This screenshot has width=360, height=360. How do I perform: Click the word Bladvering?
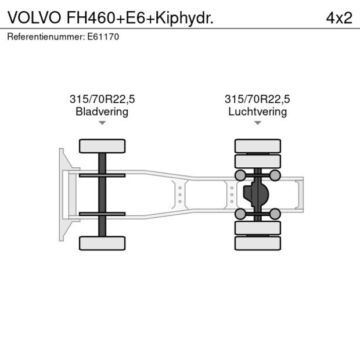pyautogui.click(x=102, y=111)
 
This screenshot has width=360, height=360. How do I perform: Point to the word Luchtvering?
pyautogui.click(x=257, y=111)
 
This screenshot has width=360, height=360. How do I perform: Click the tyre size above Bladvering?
pyautogui.click(x=102, y=99)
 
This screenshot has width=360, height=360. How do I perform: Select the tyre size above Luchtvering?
pyautogui.click(x=257, y=99)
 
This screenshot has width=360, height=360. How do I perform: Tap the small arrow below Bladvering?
pyautogui.click(x=102, y=123)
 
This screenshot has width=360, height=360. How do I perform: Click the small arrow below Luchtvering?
pyautogui.click(x=257, y=123)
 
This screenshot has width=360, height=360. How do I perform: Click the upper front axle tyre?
pyautogui.click(x=102, y=146)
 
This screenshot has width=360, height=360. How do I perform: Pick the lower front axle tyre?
pyautogui.click(x=102, y=243)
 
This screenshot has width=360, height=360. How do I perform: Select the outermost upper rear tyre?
pyautogui.click(x=257, y=146)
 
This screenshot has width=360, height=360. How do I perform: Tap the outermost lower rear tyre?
pyautogui.click(x=257, y=243)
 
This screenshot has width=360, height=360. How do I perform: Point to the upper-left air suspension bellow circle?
pyautogui.click(x=239, y=175)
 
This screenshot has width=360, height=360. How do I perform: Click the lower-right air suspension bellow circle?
pyautogui.click(x=275, y=214)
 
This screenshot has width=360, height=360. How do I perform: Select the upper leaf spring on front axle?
pyautogui.click(x=102, y=175)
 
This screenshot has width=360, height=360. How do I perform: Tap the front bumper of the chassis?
pyautogui.click(x=62, y=195)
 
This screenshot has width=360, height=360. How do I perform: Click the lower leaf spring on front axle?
pyautogui.click(x=102, y=214)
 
